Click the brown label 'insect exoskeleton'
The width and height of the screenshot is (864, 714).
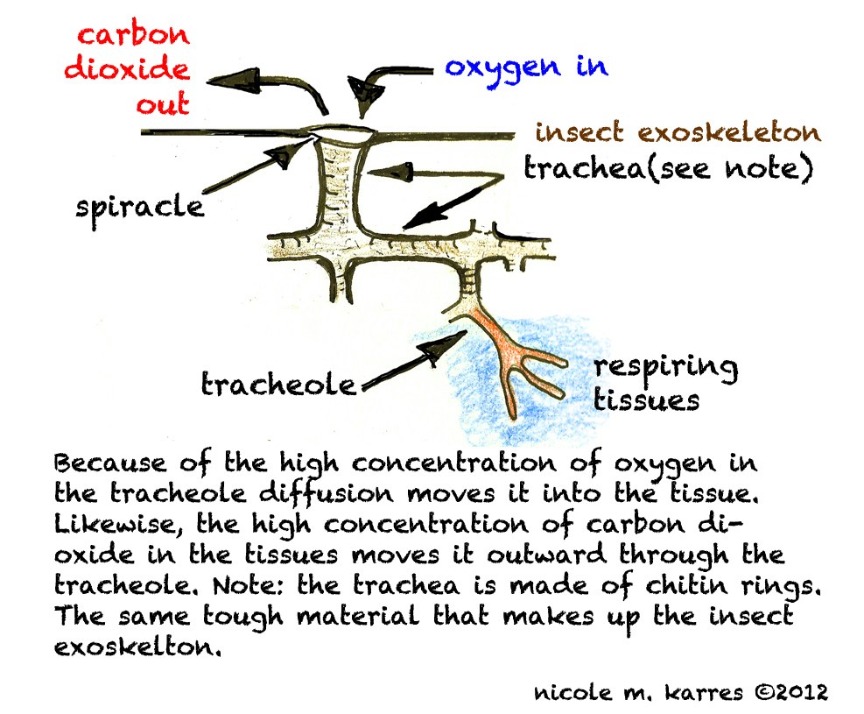point(678,133)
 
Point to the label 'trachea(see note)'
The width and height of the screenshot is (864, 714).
point(664,168)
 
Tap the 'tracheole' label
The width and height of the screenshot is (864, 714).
point(279,384)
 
